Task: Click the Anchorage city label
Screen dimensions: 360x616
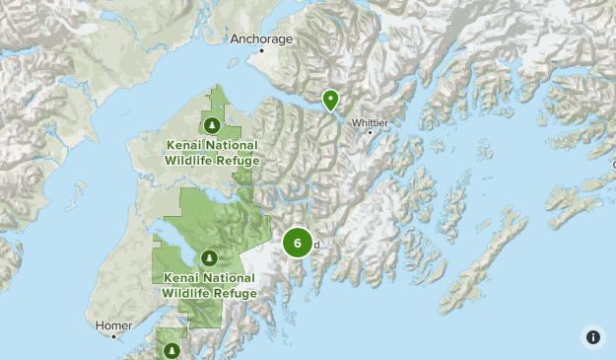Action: tap(262, 39)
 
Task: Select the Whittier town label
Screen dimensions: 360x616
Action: tap(370, 122)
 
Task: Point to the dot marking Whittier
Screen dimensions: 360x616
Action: tap(370, 132)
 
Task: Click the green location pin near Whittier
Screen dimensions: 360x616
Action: tap(331, 100)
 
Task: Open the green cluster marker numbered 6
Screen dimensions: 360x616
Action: tap(298, 242)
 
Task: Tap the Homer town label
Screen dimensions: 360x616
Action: tap(112, 324)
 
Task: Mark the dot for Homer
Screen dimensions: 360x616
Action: tap(114, 335)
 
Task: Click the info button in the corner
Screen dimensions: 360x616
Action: tap(592, 336)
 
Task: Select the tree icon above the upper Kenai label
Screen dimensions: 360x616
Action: tap(213, 125)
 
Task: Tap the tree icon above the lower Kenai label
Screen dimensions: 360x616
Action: tap(208, 258)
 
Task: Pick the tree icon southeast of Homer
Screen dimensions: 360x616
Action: tap(171, 349)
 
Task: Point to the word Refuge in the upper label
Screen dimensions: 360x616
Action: tap(239, 160)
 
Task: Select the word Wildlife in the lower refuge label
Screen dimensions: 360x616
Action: tap(188, 293)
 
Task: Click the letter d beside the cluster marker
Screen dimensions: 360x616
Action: tap(317, 245)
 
